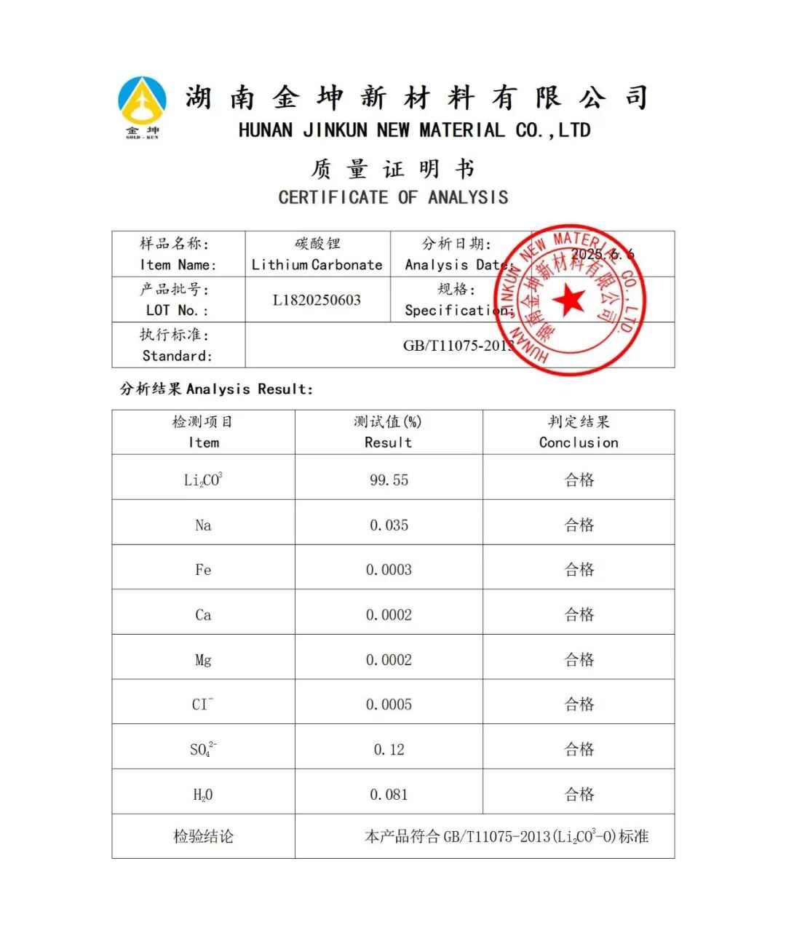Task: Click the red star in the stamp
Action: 568,300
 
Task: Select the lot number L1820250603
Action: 317,300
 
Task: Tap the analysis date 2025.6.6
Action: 602,254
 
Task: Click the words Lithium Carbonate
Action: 317,265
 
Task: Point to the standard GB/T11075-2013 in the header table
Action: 458,346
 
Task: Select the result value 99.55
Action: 389,480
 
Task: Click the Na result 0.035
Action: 389,525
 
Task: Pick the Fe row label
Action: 203,570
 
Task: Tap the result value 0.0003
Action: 389,570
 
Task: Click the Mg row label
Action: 203,660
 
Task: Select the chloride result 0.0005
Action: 389,704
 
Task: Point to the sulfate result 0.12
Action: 389,750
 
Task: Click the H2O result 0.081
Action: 389,795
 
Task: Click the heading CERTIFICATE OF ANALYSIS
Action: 393,197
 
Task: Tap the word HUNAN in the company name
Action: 266,131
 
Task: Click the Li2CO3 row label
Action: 203,480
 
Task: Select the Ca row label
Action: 203,615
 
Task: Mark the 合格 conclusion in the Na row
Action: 579,525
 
